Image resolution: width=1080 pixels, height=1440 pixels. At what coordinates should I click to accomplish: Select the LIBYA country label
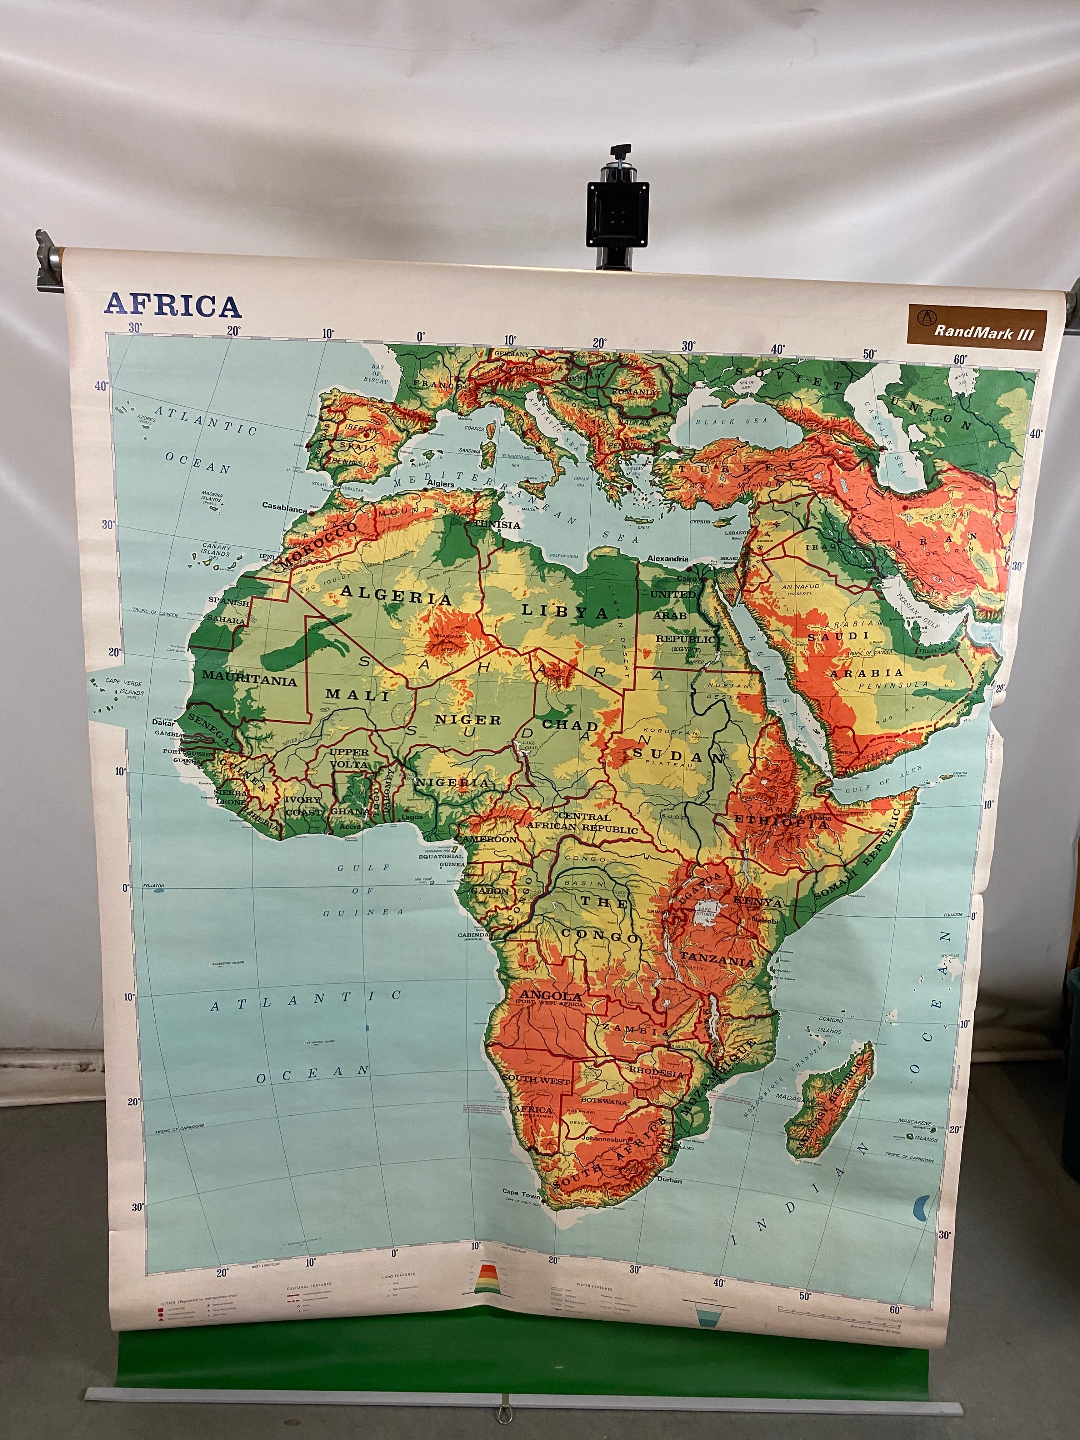[564, 611]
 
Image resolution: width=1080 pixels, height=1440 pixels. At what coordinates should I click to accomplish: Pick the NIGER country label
[468, 719]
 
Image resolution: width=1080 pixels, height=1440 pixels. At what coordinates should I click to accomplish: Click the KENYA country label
[758, 902]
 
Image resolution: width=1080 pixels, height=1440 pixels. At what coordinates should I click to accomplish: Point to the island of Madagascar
[828, 1100]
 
